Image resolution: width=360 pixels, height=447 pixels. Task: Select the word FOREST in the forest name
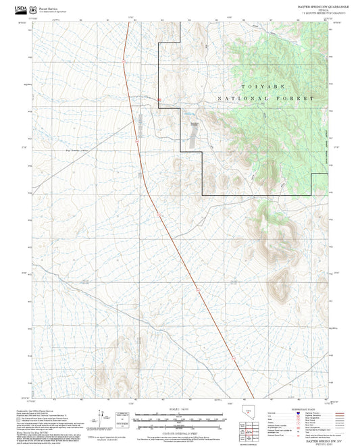pos(297,99)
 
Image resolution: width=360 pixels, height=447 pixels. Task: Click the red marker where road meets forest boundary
pos(159,101)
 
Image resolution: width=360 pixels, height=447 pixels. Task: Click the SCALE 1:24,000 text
pos(179,411)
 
